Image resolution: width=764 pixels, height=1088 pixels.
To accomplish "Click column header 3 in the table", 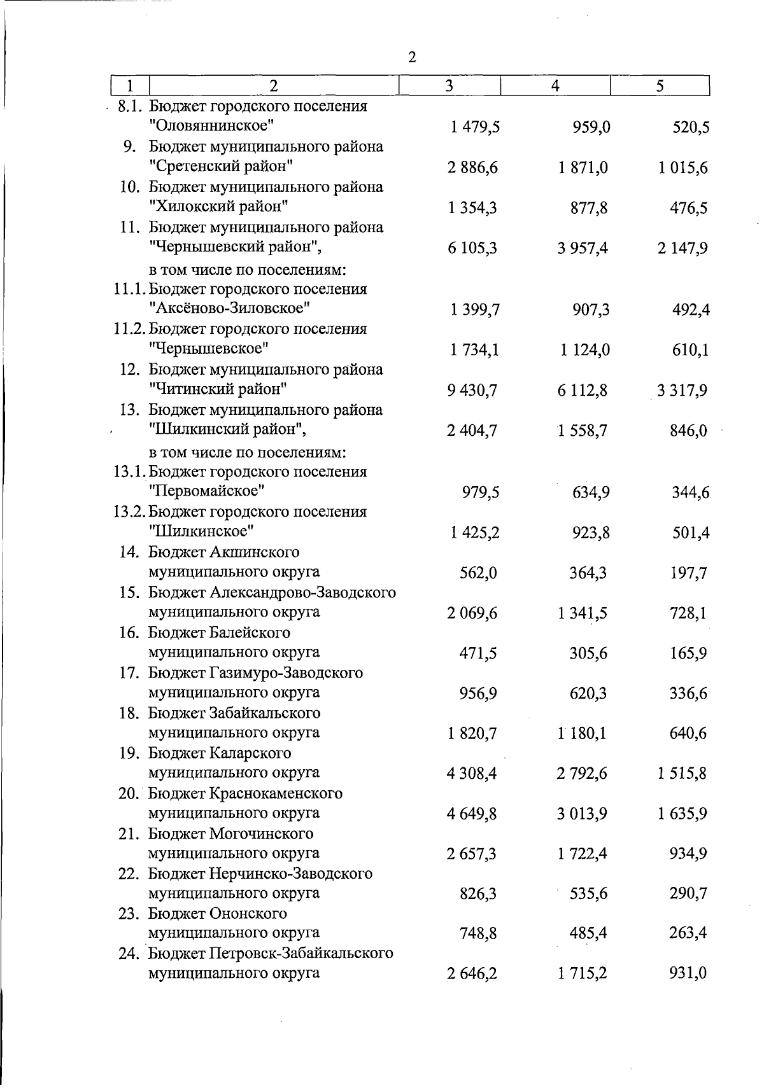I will (x=449, y=86).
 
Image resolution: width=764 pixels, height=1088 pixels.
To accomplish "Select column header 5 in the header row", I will (x=660, y=86).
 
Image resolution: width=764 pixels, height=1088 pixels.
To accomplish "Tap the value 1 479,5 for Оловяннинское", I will (x=474, y=127).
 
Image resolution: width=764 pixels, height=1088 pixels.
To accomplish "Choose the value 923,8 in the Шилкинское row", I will (x=590, y=532).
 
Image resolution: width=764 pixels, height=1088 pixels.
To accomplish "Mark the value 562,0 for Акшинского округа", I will (x=478, y=573).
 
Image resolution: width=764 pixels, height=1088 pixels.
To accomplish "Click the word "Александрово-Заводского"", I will (x=302, y=592).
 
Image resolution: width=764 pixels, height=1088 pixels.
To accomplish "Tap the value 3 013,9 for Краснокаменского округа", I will (x=583, y=814).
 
